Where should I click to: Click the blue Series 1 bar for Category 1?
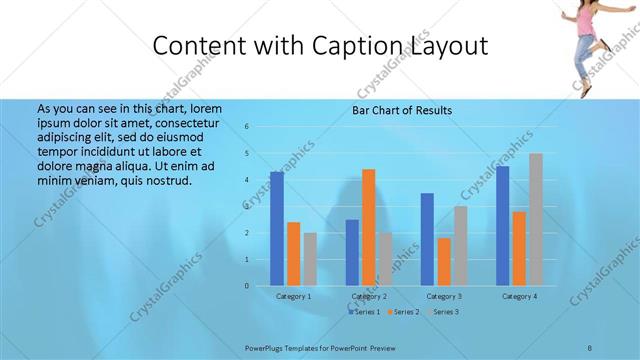277,229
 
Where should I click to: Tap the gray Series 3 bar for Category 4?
536,220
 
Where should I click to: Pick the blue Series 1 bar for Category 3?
427,239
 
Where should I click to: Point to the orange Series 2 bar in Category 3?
444,261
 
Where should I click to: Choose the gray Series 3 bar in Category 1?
310,259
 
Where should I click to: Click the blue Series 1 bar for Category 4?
502,226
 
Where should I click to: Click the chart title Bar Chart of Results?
402,110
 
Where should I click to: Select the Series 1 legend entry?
363,312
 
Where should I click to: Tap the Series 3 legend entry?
443,312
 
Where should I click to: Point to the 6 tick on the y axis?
247,127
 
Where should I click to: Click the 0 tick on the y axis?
247,286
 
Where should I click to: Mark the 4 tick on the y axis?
247,180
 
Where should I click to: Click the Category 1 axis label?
294,297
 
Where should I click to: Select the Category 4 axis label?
519,297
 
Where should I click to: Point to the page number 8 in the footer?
590,346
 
